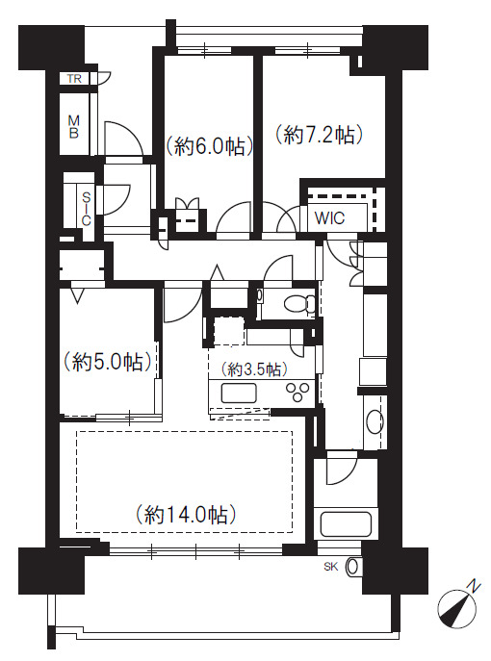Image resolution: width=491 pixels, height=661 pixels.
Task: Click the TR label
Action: (x=74, y=78)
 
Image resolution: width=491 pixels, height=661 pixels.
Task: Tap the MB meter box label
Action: (x=74, y=126)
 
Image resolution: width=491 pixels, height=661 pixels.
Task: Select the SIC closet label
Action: (x=86, y=209)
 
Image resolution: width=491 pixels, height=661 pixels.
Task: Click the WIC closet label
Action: (x=329, y=218)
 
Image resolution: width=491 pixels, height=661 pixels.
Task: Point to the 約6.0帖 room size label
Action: (x=210, y=146)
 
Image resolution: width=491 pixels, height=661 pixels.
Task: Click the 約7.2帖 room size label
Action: (x=320, y=136)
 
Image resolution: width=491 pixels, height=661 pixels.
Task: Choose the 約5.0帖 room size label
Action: (x=107, y=362)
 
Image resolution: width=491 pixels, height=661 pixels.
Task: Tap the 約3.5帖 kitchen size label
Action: (x=254, y=369)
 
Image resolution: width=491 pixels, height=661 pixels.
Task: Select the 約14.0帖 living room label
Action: (x=186, y=515)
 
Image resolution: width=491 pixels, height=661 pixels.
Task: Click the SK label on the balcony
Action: (x=331, y=567)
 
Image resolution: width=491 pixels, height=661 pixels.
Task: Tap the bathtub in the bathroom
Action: (x=346, y=523)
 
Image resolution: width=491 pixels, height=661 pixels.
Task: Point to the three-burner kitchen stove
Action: (x=297, y=393)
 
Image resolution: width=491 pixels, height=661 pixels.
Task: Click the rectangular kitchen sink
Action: (x=239, y=394)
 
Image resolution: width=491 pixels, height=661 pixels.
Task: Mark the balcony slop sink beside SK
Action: (x=353, y=567)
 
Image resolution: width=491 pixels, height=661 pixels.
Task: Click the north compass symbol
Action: (x=457, y=610)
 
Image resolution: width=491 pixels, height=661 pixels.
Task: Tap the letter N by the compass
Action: (x=476, y=586)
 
